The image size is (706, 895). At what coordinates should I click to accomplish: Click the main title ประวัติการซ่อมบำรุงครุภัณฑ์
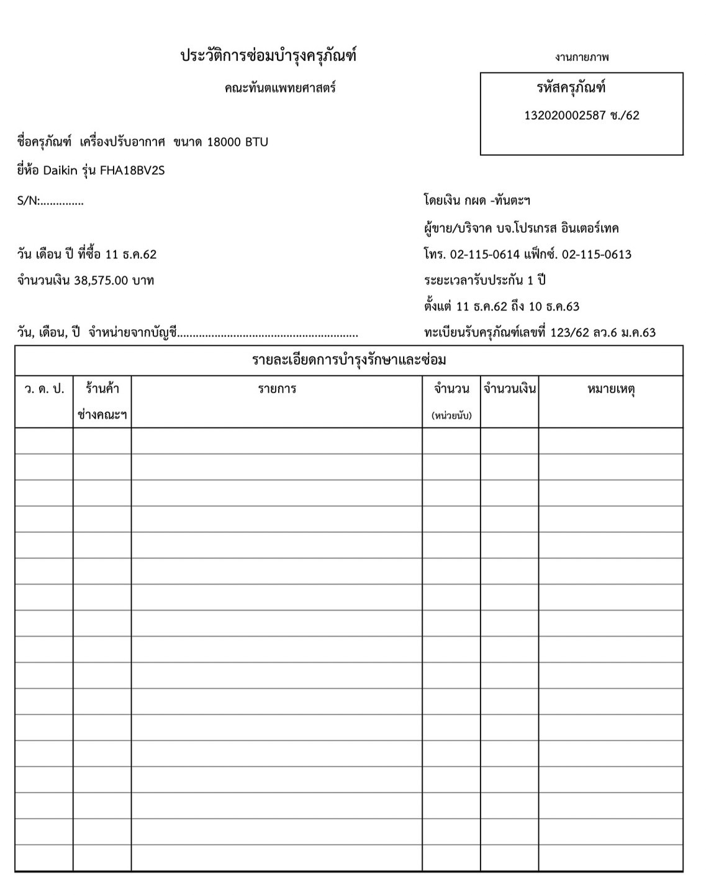[x=268, y=57]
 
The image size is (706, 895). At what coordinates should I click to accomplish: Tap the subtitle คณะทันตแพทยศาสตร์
[x=280, y=88]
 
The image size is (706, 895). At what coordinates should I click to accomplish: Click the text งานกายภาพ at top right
[x=582, y=58]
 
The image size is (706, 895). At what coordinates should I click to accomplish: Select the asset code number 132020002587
[x=565, y=116]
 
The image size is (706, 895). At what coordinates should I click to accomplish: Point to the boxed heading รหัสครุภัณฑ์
[x=571, y=88]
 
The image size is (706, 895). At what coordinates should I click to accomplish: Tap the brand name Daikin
[x=60, y=171]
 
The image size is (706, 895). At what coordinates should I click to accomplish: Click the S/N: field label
[x=29, y=201]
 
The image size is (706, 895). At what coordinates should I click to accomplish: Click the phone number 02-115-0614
[x=484, y=255]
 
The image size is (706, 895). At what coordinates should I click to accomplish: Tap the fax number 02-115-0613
[x=596, y=255]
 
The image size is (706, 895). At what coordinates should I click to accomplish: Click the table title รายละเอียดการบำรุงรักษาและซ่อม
[x=349, y=360]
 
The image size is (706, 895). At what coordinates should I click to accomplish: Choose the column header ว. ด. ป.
[x=44, y=389]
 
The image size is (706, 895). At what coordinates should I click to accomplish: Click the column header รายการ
[x=277, y=389]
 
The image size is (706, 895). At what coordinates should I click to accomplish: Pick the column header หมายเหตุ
[x=610, y=389]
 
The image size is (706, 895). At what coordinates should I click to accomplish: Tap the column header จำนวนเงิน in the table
[x=509, y=389]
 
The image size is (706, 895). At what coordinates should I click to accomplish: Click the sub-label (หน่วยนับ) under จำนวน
[x=451, y=416]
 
